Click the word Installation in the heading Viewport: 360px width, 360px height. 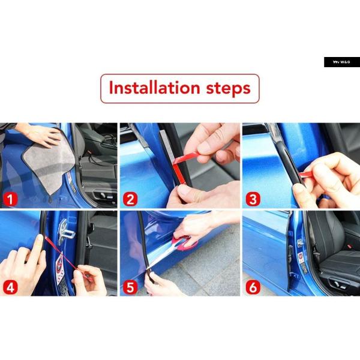[154, 88]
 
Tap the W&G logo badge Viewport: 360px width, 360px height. [342, 62]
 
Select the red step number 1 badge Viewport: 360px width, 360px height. [10, 199]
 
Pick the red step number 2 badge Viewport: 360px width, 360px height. [130, 199]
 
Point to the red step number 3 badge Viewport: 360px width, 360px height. [253, 199]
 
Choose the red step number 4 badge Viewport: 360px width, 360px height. [10, 287]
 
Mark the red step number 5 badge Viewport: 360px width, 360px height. [130, 287]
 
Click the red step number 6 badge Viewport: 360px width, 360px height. [253, 287]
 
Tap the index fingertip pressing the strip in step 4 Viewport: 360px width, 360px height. [40, 238]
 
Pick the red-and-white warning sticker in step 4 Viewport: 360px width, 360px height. [59, 268]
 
